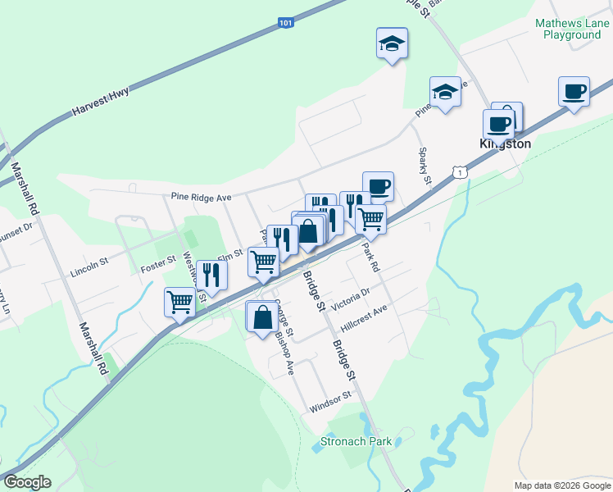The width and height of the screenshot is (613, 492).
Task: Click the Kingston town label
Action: [505, 143]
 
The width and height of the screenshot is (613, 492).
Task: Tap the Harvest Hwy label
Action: [101, 102]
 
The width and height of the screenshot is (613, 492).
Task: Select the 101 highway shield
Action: [284, 24]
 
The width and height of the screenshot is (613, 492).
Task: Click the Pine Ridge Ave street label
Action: [202, 197]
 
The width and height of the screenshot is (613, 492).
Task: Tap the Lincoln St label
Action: [89, 266]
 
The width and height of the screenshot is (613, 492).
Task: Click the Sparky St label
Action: [425, 164]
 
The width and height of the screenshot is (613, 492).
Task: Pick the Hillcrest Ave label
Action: [363, 317]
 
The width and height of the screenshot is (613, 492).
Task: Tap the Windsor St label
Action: [330, 401]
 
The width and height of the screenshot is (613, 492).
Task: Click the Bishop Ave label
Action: [285, 351]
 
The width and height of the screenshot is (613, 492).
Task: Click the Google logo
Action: [27, 482]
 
